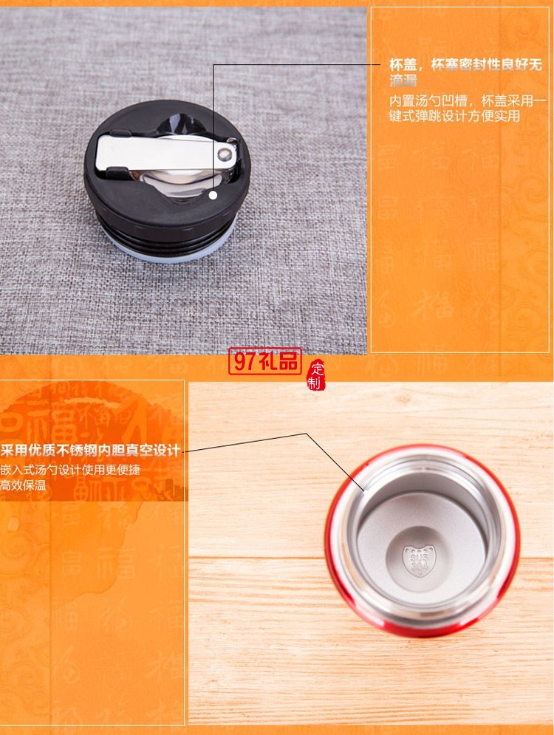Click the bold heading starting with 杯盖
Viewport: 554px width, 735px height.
pos(465,71)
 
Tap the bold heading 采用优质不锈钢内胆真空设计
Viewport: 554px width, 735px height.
pos(90,451)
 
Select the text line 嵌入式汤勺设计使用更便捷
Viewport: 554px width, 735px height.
pos(70,470)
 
